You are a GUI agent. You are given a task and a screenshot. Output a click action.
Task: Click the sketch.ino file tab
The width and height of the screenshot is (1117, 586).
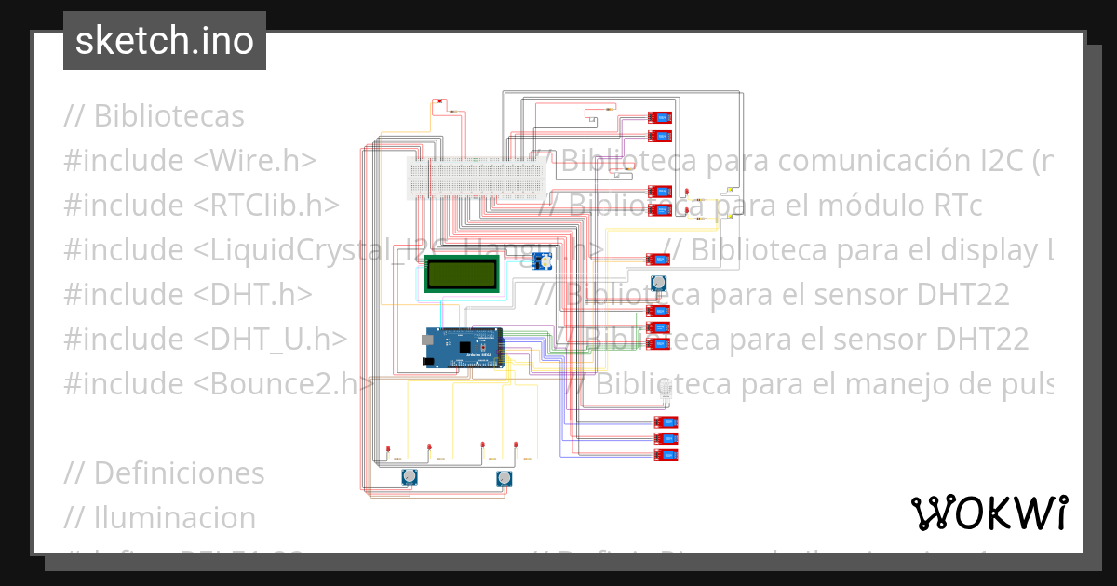[165, 41]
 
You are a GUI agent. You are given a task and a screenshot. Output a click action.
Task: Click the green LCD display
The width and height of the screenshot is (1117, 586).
[461, 273]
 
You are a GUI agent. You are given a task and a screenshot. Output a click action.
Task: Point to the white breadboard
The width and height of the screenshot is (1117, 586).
[476, 178]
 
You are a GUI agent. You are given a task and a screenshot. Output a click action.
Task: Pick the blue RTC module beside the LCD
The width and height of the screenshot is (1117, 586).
[541, 261]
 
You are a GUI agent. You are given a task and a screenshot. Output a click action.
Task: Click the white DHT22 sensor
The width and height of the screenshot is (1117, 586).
[666, 392]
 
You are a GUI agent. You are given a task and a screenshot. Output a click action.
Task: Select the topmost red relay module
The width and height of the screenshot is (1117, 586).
[659, 118]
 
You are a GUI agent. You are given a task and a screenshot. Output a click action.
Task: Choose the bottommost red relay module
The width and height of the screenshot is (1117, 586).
[666, 455]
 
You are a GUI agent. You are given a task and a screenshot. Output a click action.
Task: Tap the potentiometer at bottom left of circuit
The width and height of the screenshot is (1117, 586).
[409, 478]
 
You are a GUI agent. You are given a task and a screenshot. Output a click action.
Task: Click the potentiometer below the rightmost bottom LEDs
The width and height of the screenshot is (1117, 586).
[504, 478]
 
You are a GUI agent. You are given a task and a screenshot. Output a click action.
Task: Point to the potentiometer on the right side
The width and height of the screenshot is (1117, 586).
[659, 281]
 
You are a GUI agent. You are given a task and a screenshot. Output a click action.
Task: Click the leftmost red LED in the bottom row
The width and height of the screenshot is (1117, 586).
[387, 450]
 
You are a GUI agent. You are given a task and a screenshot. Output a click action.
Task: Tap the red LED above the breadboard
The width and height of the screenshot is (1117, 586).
[438, 102]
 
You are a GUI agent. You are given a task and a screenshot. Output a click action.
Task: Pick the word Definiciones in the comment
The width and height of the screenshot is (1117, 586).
[179, 473]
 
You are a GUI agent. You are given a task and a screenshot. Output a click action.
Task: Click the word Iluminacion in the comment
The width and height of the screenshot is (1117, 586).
[174, 518]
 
